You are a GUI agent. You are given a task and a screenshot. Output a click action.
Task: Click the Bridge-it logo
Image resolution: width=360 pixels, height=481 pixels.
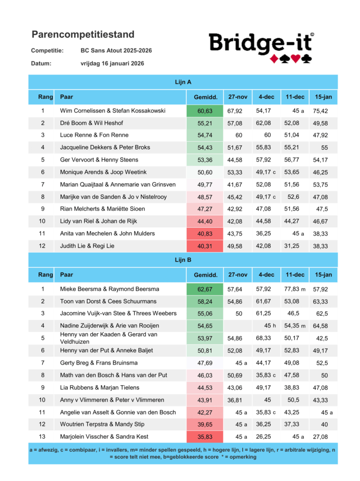tap(261, 47)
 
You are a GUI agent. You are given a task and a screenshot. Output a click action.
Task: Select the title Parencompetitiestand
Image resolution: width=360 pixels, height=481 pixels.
tap(83, 34)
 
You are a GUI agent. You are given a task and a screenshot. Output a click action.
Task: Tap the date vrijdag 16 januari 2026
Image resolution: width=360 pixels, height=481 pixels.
tap(112, 63)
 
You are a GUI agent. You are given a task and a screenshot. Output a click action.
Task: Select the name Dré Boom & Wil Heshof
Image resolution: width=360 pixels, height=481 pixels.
tap(92, 123)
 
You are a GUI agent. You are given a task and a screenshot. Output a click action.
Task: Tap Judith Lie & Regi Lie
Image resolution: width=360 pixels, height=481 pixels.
tap(87, 246)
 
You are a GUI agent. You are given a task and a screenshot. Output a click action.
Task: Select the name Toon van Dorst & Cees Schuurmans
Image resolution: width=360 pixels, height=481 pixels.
tap(108, 301)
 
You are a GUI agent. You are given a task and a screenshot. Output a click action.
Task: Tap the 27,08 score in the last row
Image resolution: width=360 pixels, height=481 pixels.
tap(320, 437)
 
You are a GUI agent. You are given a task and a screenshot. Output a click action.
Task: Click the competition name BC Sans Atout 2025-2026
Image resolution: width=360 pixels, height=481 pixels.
tap(116, 50)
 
